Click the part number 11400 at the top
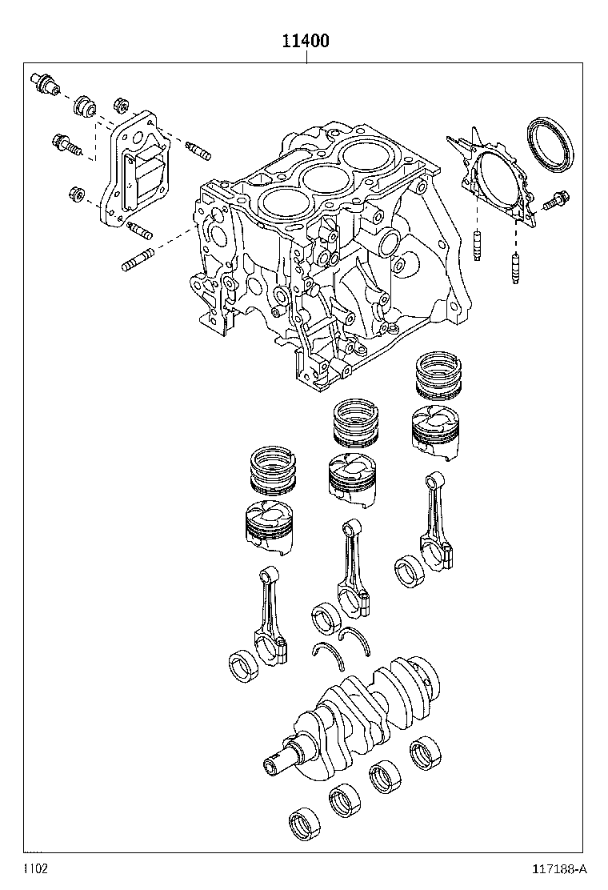point(304,41)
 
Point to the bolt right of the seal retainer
point(556,202)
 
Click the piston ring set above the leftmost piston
point(275,471)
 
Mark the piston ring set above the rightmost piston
point(439,376)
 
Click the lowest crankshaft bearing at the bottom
point(306,823)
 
